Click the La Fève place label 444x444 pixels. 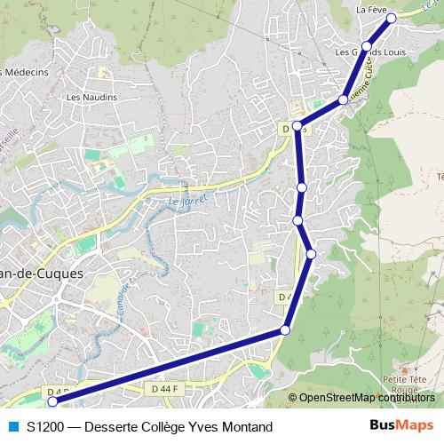pos(371,9)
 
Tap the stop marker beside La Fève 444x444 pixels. pos(391,17)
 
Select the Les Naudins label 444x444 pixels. pos(86,97)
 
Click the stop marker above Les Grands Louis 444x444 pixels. pos(367,46)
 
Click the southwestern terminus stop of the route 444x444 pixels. pos(52,401)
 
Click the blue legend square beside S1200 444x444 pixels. pos(12,426)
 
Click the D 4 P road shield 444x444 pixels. pos(55,391)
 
